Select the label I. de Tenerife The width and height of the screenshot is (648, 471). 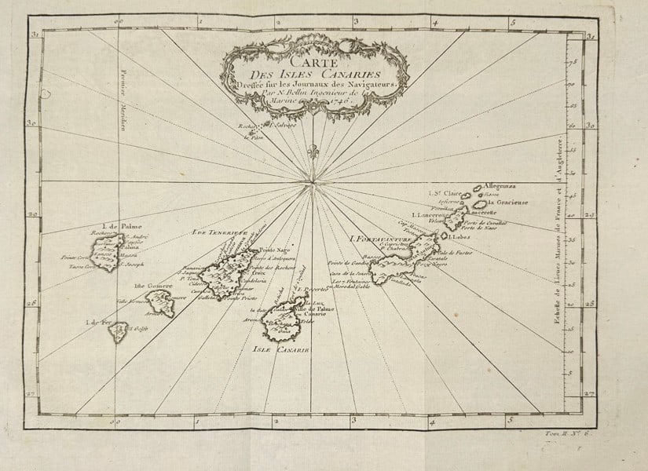[x=219, y=233]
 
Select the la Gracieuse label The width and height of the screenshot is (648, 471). [x=506, y=201]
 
